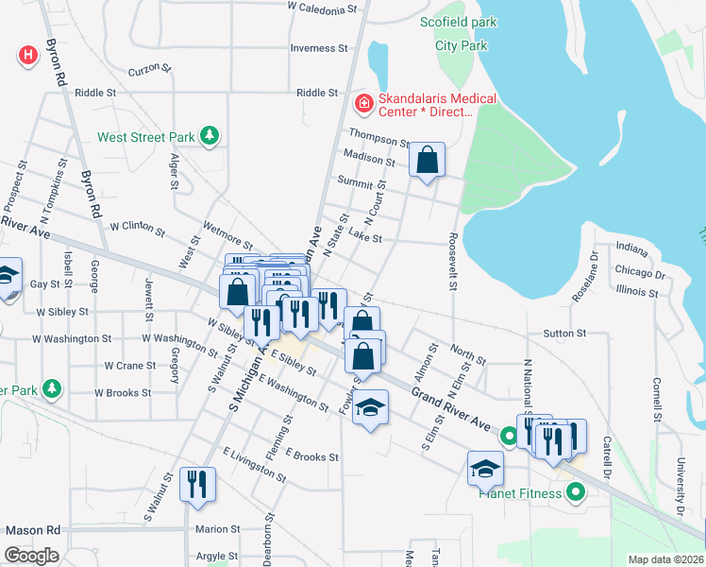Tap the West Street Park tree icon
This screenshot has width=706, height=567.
210,137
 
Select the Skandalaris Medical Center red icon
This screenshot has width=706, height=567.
361,102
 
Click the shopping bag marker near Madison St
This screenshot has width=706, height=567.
427,160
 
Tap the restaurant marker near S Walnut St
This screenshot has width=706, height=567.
195,483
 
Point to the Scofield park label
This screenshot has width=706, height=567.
459,22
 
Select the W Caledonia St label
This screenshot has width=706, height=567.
324,8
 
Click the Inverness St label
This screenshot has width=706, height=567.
312,48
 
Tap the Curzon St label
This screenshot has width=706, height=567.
150,70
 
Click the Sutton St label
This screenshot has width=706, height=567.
564,334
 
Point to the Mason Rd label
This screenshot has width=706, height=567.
30,531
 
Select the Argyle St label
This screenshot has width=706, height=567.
217,556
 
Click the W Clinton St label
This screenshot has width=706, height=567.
137,228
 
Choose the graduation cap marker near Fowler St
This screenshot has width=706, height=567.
371,407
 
